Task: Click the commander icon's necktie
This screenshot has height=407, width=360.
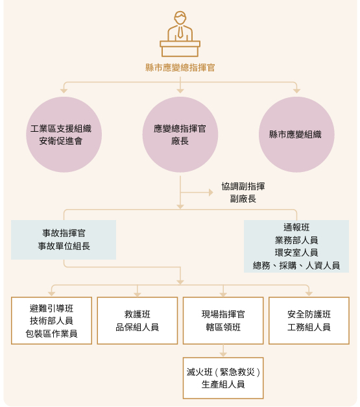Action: (180, 32)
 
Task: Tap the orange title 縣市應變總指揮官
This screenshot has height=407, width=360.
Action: (180, 68)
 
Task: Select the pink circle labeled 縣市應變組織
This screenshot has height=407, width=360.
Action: (296, 134)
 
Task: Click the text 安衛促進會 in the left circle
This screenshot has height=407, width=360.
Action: (61, 141)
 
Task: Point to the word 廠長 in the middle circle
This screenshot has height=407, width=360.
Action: (180, 141)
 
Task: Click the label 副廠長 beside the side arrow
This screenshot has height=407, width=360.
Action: (243, 199)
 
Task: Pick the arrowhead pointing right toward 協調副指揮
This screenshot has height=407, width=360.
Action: (211, 193)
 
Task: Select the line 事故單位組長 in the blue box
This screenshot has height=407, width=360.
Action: (64, 246)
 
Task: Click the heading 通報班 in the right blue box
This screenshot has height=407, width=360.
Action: (296, 227)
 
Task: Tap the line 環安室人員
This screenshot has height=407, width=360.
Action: (296, 253)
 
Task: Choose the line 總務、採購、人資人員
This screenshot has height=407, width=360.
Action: (296, 265)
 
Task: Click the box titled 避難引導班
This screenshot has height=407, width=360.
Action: (51, 321)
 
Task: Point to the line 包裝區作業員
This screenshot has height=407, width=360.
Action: (51, 333)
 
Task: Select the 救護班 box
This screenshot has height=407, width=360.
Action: (138, 321)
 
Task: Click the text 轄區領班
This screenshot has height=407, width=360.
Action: (223, 327)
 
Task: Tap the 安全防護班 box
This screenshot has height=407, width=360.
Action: (309, 321)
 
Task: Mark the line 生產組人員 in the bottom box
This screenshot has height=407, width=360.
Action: (223, 384)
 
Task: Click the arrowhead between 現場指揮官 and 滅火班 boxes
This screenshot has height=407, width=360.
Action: (223, 354)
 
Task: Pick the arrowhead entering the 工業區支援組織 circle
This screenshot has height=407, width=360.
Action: (64, 91)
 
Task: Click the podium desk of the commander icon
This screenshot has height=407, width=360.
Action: (180, 49)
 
